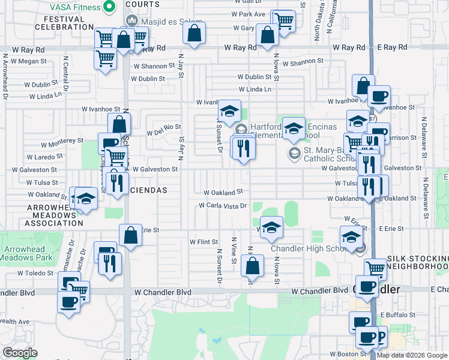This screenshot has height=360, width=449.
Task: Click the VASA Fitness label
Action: (70, 8)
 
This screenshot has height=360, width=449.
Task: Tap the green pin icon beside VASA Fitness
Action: (109, 8)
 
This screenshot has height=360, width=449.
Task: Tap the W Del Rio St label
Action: (164, 127)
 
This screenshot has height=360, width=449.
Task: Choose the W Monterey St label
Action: (62, 140)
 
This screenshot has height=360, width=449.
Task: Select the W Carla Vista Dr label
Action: (223, 206)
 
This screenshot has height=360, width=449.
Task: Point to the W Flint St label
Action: (203, 242)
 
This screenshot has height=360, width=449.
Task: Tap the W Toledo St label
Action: (36, 272)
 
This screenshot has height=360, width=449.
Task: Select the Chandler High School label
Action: (306, 248)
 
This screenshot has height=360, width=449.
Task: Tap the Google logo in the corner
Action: (20, 353)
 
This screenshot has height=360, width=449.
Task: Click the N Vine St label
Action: (234, 247)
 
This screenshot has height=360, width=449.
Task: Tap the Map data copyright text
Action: (412, 355)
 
